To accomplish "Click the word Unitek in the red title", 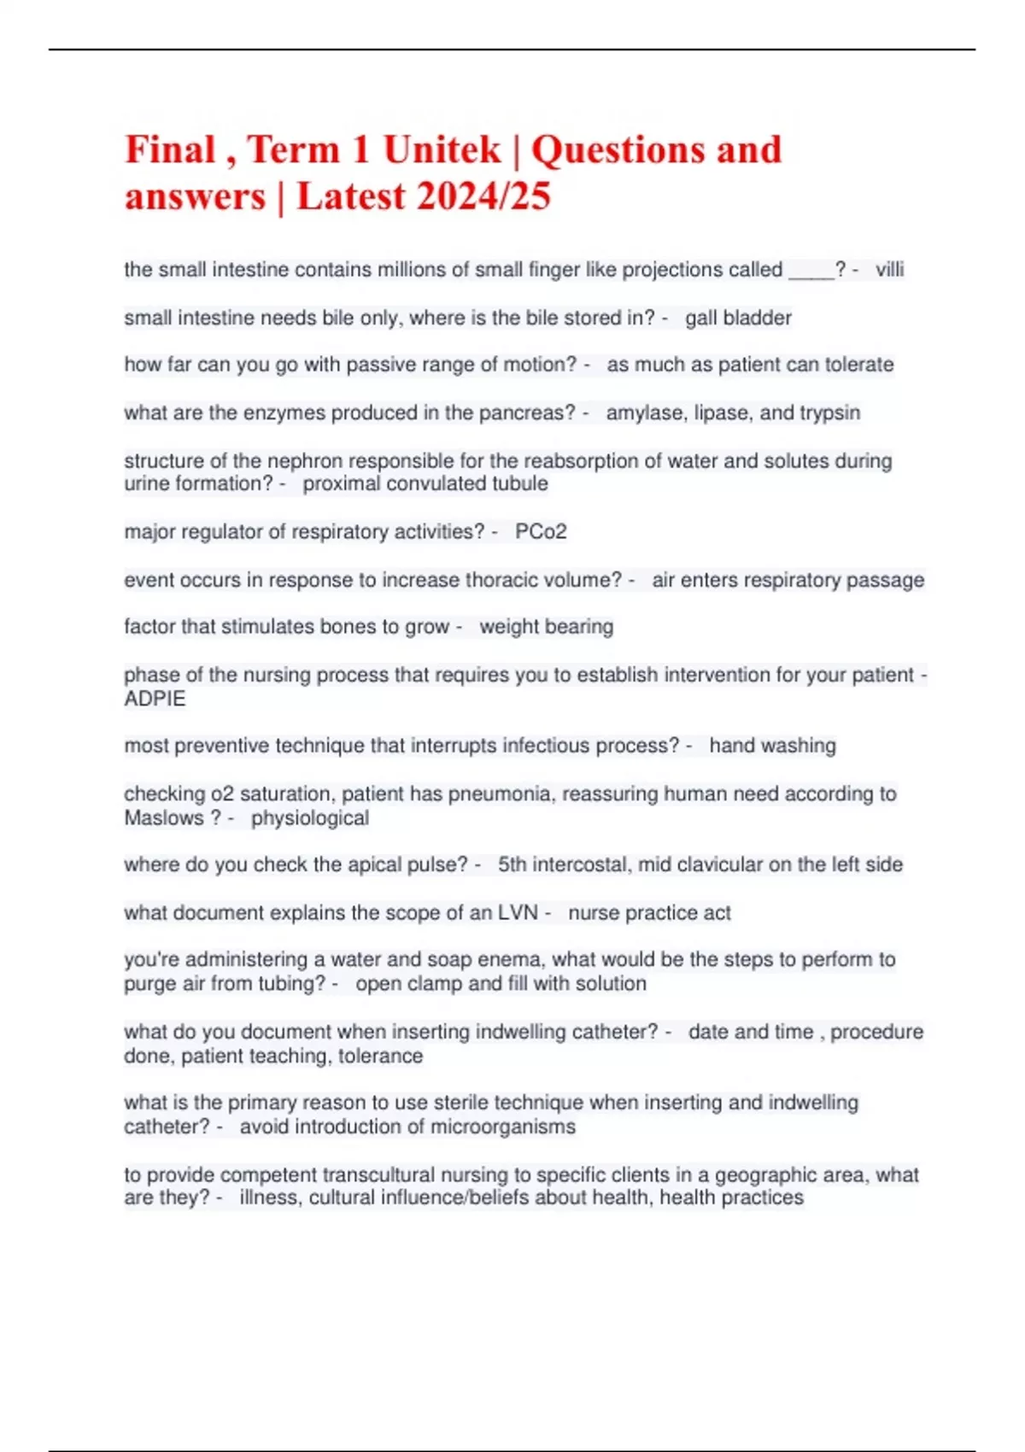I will coord(441,150).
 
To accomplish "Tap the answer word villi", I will coord(889,270).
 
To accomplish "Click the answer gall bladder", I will coord(738,318).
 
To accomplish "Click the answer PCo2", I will coord(541,531).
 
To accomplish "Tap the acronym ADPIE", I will coord(155,699).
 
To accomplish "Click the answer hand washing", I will coord(772,746).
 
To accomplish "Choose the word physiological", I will coord(310,818).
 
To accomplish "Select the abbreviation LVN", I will coord(518,913).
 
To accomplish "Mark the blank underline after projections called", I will coord(811,272).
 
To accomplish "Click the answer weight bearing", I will coord(546,627).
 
